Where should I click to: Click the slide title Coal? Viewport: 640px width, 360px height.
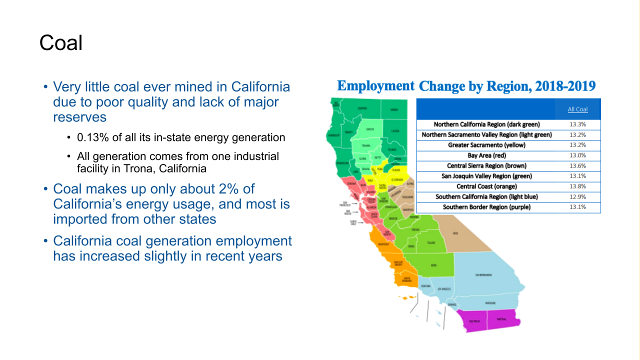[x=61, y=43]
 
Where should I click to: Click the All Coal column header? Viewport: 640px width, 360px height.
[x=577, y=109]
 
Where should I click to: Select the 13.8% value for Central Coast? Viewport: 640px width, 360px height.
[x=577, y=186]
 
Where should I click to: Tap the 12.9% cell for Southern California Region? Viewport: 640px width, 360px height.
[x=577, y=197]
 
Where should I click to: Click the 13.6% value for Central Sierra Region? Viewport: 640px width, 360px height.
[x=577, y=166]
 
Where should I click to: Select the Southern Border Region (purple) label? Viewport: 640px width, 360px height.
[x=486, y=207]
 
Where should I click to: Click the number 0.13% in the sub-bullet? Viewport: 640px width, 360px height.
[x=93, y=137]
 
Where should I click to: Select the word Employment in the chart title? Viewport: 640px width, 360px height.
[x=375, y=86]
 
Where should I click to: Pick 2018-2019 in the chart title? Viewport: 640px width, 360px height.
[x=565, y=86]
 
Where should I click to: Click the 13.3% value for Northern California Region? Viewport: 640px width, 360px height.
[x=577, y=124]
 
